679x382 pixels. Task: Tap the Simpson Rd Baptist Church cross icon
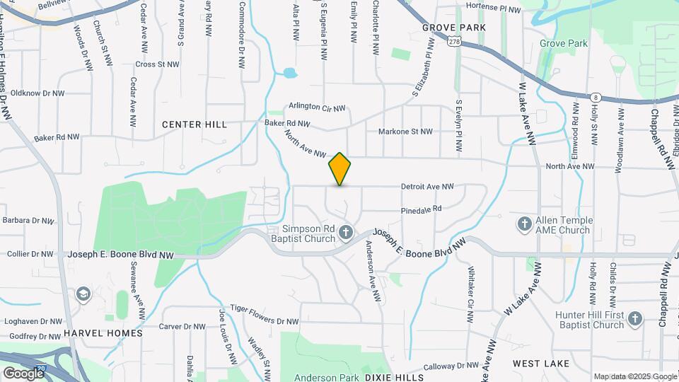tap(346, 232)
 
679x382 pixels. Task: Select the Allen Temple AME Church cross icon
tap(525, 224)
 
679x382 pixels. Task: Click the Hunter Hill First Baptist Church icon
tap(635, 319)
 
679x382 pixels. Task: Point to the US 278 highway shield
tap(454, 42)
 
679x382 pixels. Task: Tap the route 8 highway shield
tap(596, 98)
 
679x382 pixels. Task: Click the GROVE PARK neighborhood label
tap(453, 28)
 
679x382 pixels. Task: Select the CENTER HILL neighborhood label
tap(195, 125)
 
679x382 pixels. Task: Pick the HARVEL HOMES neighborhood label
tap(103, 332)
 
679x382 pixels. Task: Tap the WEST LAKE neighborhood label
tap(541, 364)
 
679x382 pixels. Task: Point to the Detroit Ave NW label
tap(427, 187)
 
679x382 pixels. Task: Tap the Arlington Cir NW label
tap(317, 108)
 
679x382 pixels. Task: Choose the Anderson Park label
tap(327, 378)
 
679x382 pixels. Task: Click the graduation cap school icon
tap(83, 294)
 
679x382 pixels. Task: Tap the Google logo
tap(23, 373)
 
